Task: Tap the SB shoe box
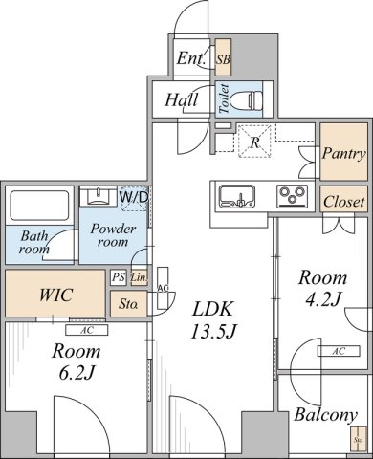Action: point(223,60)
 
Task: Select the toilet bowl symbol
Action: point(252,98)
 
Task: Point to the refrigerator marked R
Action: point(254,142)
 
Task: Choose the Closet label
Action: point(343,202)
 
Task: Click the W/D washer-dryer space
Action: point(133,196)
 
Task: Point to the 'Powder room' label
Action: point(112,235)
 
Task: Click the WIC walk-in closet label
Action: point(53,295)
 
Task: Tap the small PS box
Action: point(118,277)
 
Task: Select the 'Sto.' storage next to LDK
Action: point(127,306)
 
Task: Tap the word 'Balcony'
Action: point(325,415)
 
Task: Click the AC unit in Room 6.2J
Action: point(86,331)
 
